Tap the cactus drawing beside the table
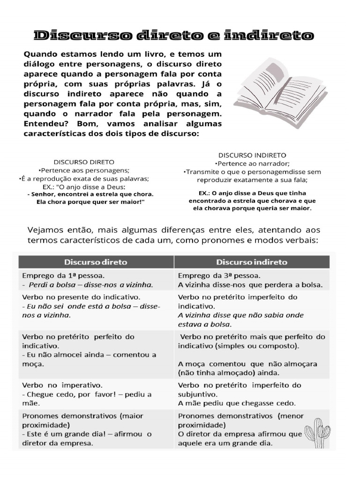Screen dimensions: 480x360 (x=317, y=429)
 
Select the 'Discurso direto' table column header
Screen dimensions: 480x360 (x=96, y=262)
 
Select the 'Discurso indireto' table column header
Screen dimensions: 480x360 (x=252, y=262)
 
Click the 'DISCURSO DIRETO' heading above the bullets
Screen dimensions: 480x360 (x=84, y=162)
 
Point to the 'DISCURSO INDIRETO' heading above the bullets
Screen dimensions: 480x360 (x=252, y=155)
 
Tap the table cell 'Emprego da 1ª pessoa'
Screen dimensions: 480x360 (x=96, y=279)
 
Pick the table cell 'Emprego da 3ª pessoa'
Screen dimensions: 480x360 (x=252, y=279)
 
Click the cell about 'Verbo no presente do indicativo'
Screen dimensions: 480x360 (x=96, y=306)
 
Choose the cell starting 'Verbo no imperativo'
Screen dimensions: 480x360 (x=96, y=394)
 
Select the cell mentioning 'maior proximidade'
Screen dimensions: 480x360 (x=96, y=429)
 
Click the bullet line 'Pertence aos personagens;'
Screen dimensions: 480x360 (x=84, y=170)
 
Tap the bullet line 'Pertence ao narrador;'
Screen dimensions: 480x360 (x=252, y=163)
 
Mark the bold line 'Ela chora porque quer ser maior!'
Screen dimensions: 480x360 (x=90, y=202)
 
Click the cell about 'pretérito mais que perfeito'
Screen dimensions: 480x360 (x=252, y=354)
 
